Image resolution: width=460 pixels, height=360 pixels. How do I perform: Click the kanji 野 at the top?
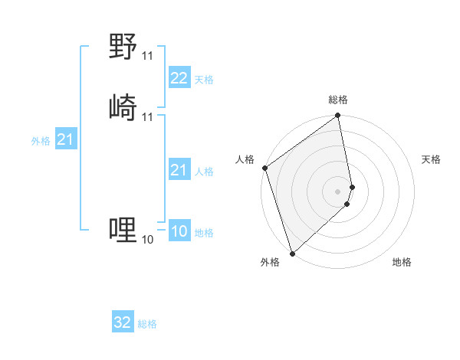[123, 47]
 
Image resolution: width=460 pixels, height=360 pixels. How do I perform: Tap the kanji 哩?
[123, 230]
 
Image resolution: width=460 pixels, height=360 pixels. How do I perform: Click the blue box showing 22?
[179, 78]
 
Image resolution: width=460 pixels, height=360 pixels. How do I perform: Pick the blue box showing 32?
[123, 322]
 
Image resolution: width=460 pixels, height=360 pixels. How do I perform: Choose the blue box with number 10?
[179, 232]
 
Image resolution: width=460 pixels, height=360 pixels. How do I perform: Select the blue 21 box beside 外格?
[65, 139]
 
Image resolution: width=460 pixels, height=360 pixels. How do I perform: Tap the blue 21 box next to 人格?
[179, 170]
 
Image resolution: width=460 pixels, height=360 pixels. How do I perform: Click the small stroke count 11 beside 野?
[148, 56]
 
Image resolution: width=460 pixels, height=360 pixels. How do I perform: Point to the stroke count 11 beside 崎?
[148, 116]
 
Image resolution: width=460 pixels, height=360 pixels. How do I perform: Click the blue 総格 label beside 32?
[147, 324]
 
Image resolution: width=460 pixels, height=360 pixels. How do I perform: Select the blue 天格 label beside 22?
[204, 80]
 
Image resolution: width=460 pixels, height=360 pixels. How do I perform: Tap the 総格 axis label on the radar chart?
[338, 100]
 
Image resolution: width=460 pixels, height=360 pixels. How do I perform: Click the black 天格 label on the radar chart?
[432, 159]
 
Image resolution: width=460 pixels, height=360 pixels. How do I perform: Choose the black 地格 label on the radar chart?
[402, 262]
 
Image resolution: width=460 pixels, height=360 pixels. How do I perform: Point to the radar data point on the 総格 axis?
[338, 116]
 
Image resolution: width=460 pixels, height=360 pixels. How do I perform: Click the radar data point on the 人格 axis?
[264, 168]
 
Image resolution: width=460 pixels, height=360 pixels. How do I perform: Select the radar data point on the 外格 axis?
[292, 253]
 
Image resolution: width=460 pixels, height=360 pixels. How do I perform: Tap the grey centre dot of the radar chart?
[338, 191]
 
